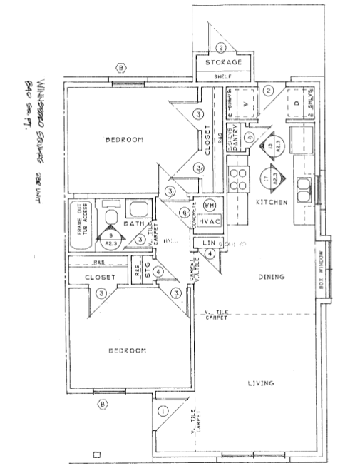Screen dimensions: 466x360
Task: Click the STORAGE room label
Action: point(223,63)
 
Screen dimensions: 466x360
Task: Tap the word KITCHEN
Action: point(272,203)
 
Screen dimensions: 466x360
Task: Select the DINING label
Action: point(272,277)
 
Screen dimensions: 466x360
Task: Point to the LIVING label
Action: point(260,383)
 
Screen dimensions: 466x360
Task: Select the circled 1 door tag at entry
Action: point(163,411)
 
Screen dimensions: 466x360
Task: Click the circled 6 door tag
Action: point(185,212)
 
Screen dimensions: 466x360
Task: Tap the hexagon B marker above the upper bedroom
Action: point(122,69)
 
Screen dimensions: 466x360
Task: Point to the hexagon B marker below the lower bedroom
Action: point(103,405)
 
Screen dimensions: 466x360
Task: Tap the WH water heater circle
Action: point(209,204)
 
